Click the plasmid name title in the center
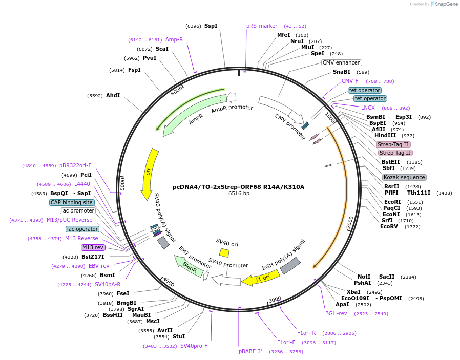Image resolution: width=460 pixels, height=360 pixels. (238, 187)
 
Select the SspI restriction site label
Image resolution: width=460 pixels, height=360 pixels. (211, 26)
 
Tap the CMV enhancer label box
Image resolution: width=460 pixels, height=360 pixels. (341, 62)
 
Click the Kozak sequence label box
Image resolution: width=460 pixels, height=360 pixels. (404, 177)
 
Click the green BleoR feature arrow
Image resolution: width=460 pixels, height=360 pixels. (189, 266)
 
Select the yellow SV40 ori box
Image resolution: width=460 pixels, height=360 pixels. (224, 252)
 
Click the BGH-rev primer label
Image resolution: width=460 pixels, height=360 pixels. (336, 313)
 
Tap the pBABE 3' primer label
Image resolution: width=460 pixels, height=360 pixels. (250, 351)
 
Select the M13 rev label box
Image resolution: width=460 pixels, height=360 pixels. (93, 247)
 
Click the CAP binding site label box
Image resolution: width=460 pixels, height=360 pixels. (72, 202)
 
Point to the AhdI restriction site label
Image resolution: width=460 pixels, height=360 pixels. (113, 95)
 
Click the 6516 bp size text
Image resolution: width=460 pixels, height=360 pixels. (239, 194)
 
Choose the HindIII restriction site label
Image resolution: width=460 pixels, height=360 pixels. (385, 136)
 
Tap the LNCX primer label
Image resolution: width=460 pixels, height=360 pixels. (368, 108)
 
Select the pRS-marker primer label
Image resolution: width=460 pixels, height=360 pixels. (262, 26)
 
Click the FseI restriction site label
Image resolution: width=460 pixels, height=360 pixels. (122, 294)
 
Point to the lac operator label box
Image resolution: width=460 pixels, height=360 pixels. (82, 229)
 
